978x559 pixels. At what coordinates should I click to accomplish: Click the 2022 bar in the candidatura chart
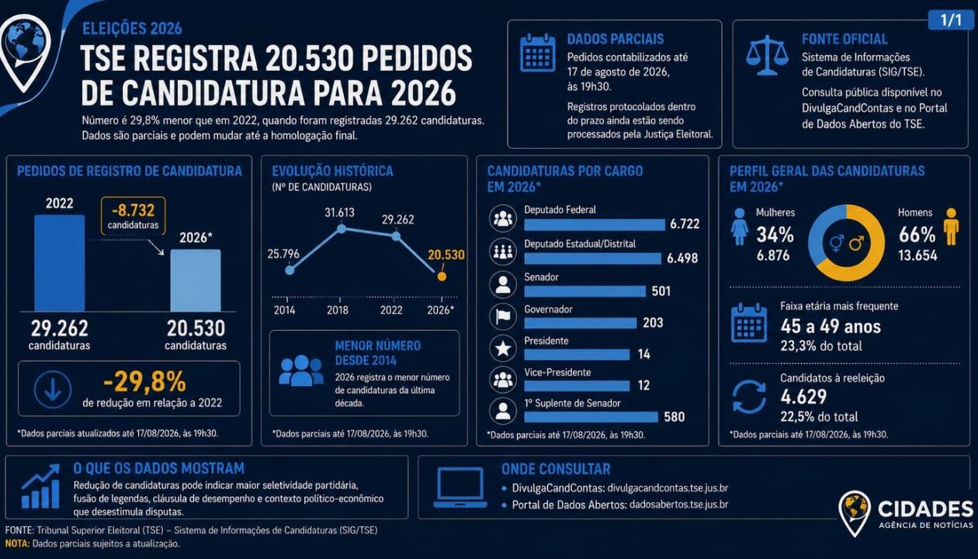pos(59,263)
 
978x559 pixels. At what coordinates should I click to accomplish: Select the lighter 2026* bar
pos(196,280)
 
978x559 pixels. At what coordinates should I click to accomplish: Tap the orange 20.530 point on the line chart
pos(442,276)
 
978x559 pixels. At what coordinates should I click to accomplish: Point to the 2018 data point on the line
pos(342,228)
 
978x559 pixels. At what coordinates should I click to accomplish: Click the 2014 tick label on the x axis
pos(284,310)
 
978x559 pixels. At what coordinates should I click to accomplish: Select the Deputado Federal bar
pos(595,225)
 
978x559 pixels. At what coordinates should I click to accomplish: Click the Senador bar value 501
pos(661,291)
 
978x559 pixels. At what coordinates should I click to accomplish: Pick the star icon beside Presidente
pos(503,349)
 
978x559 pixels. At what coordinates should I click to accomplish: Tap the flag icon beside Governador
pos(503,316)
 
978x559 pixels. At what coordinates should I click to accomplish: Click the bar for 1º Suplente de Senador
pos(591,417)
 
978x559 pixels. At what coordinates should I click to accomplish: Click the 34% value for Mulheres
pos(775,235)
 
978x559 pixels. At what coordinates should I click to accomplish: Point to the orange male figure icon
pos(951,226)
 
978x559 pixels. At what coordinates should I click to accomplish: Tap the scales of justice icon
pos(767,55)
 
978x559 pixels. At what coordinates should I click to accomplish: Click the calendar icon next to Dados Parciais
pos(538,53)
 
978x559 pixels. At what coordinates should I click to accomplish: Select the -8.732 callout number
pos(134,210)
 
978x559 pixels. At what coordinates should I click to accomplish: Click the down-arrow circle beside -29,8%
pos(53,390)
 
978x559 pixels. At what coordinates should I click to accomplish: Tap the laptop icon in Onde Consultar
pos(460,488)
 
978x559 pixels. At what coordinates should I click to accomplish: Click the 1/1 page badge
pos(951,20)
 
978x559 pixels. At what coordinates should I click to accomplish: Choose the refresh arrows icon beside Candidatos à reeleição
pos(749,397)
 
